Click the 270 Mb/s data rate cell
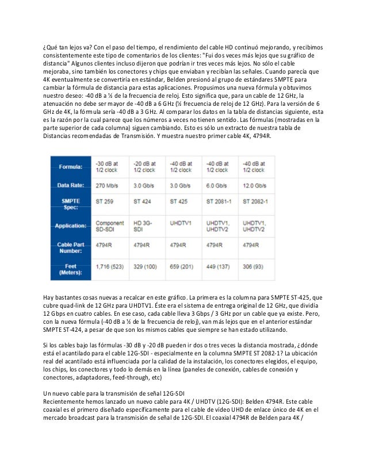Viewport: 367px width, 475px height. (108, 186)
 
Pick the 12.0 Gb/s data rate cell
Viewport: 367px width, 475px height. (255, 186)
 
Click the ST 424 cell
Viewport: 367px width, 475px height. (143, 202)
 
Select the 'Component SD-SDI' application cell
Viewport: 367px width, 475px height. (110, 226)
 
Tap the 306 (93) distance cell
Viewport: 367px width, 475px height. (255, 268)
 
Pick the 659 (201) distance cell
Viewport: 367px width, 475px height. (182, 268)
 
